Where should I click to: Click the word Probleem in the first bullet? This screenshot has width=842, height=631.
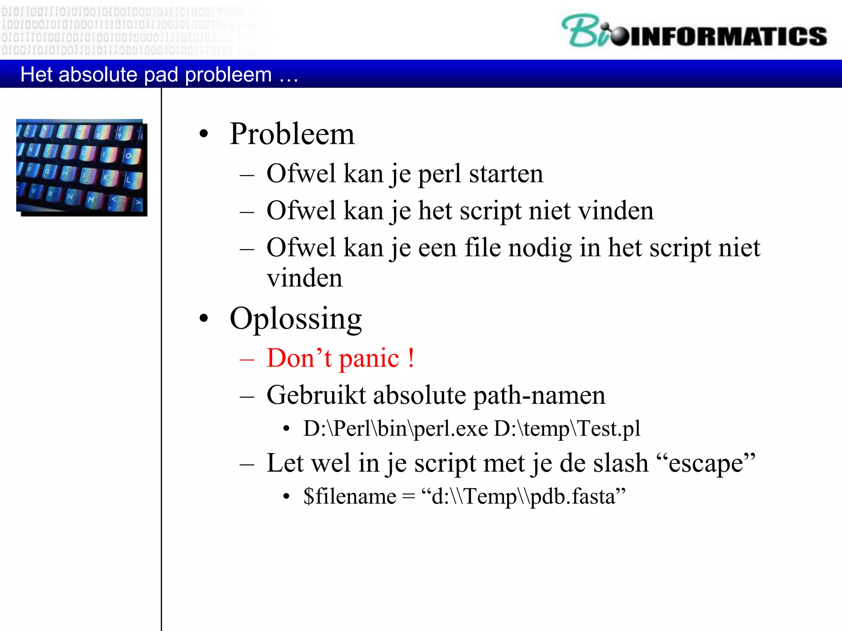click(x=292, y=134)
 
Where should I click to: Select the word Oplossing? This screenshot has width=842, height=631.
click(x=296, y=319)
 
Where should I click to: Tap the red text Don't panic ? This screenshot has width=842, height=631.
click(x=340, y=358)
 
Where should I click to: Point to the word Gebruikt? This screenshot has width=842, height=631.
click(x=316, y=395)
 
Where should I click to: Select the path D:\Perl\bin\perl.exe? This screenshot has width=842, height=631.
click(x=396, y=429)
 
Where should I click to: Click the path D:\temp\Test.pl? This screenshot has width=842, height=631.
click(x=567, y=429)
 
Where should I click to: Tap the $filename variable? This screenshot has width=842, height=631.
click(x=350, y=497)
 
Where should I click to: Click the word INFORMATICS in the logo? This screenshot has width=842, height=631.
click(x=728, y=36)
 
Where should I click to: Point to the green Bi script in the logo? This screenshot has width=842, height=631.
click(x=584, y=31)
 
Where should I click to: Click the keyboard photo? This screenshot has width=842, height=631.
click(x=81, y=167)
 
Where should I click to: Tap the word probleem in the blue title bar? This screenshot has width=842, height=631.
click(x=228, y=75)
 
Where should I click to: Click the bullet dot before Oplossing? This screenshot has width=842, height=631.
click(x=204, y=318)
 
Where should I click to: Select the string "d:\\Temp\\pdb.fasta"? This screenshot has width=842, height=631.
click(x=523, y=497)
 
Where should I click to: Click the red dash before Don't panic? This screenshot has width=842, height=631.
click(x=247, y=359)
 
